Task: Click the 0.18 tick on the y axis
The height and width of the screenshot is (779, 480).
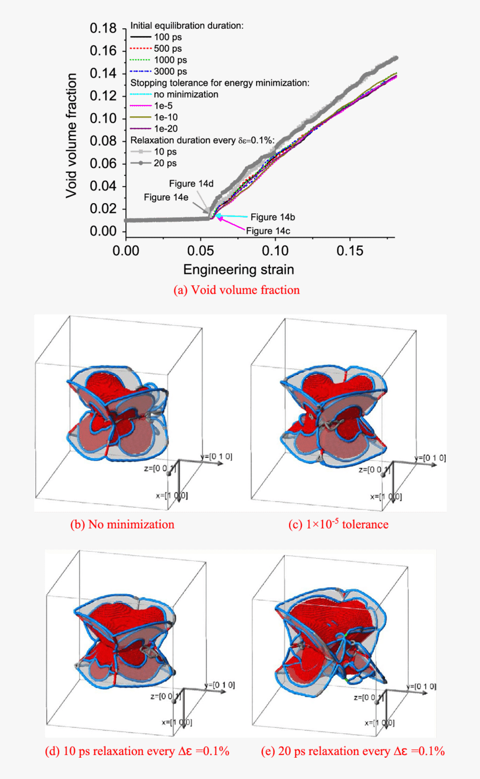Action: click(x=103, y=28)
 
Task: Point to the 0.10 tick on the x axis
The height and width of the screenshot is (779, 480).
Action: click(x=275, y=251)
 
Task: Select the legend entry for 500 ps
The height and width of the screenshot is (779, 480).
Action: click(x=167, y=49)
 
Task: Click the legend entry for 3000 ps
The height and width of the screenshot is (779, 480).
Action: click(x=170, y=71)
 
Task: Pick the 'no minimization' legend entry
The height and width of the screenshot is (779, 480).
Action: click(x=186, y=94)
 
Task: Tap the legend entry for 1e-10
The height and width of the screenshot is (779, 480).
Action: click(x=166, y=117)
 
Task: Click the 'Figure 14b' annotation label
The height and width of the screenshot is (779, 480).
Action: click(x=273, y=217)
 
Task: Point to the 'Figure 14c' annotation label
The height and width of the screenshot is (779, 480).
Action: click(x=268, y=231)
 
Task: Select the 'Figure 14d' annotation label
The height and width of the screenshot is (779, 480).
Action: click(x=191, y=183)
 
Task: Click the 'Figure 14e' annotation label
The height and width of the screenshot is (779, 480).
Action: click(x=166, y=197)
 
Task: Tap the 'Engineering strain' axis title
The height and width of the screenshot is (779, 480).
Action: click(x=238, y=270)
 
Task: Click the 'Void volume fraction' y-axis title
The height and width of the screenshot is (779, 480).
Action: click(x=71, y=136)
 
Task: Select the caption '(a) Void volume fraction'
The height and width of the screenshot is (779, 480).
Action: click(x=236, y=290)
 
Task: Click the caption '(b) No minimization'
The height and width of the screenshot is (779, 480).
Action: click(x=122, y=525)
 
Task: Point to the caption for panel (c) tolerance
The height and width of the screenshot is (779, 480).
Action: click(x=338, y=525)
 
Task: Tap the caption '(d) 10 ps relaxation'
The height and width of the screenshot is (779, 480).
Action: click(x=137, y=751)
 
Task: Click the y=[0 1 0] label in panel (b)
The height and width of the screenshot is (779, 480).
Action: click(x=217, y=457)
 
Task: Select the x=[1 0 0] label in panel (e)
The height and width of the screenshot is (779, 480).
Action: click(x=379, y=722)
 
